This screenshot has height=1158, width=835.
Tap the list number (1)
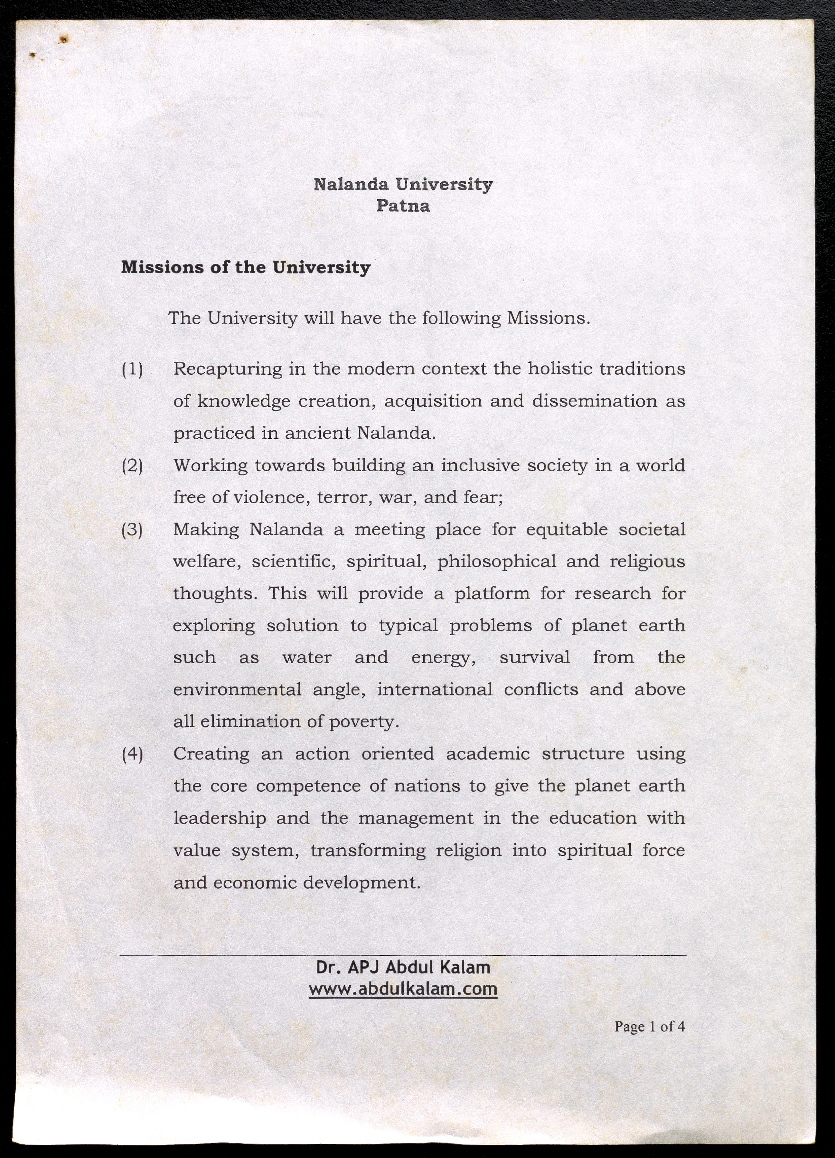pyautogui.click(x=132, y=368)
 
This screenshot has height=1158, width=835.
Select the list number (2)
pyautogui.click(x=132, y=466)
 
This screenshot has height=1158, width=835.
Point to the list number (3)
pyautogui.click(x=132, y=530)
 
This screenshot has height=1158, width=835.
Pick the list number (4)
pyautogui.click(x=132, y=754)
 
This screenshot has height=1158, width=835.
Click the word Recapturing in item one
pyautogui.click(x=228, y=368)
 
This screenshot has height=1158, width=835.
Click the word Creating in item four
pyautogui.click(x=211, y=754)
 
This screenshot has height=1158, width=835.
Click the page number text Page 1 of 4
pyautogui.click(x=649, y=1040)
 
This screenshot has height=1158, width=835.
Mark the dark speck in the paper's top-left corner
pyautogui.click(x=64, y=39)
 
